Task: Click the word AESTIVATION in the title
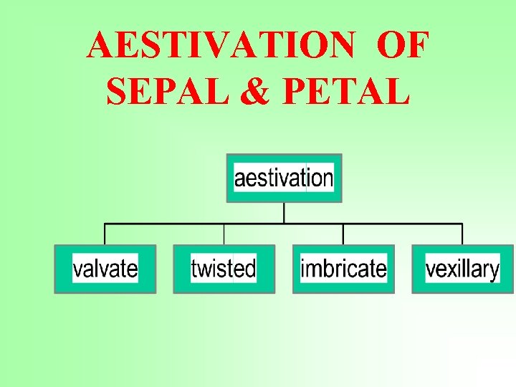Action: click(221, 47)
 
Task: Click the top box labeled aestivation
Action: click(284, 178)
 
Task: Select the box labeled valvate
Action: click(105, 269)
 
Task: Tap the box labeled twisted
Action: click(224, 269)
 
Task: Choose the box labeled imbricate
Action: click(343, 269)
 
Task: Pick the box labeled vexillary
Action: click(462, 269)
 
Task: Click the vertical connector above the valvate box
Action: click(105, 234)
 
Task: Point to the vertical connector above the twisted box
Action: click(224, 234)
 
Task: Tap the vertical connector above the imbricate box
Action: click(343, 234)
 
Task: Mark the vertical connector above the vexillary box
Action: click(462, 234)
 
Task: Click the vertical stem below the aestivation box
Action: click(285, 213)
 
